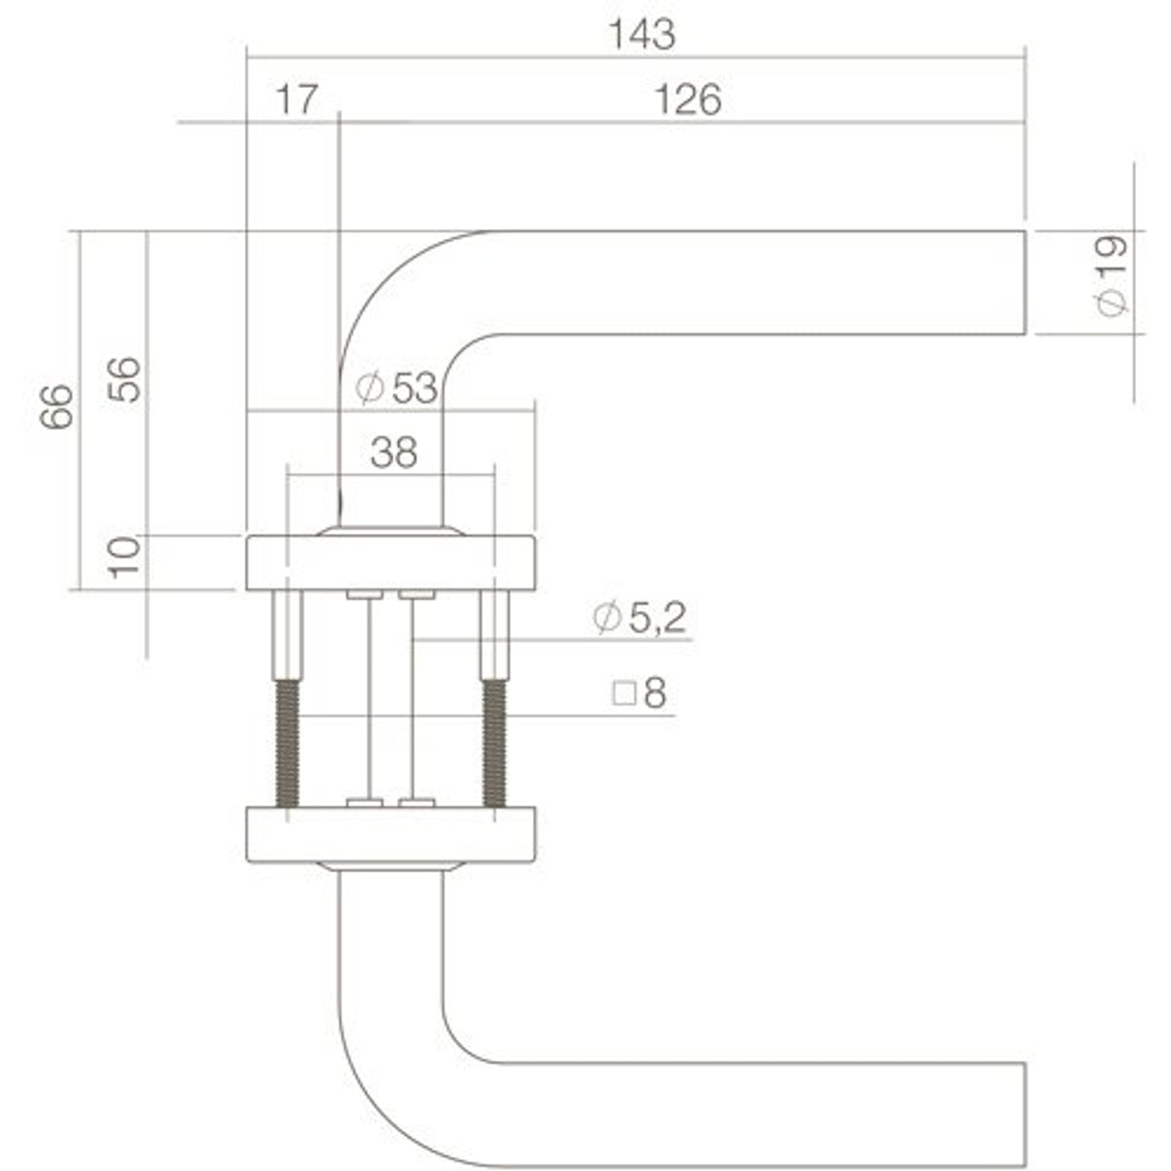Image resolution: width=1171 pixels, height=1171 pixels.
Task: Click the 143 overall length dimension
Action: (642, 35)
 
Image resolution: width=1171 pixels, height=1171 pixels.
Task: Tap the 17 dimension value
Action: (297, 101)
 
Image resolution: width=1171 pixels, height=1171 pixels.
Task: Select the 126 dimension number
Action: (689, 101)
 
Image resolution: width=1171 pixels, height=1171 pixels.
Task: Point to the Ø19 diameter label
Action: (1111, 275)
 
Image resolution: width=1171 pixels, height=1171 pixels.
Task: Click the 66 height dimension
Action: (57, 407)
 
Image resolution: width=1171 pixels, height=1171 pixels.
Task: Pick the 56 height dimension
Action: (124, 380)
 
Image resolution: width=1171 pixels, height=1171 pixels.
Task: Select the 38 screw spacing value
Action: (394, 452)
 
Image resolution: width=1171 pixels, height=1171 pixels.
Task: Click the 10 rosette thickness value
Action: (124, 557)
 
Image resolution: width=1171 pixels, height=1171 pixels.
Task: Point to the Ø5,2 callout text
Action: (639, 618)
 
